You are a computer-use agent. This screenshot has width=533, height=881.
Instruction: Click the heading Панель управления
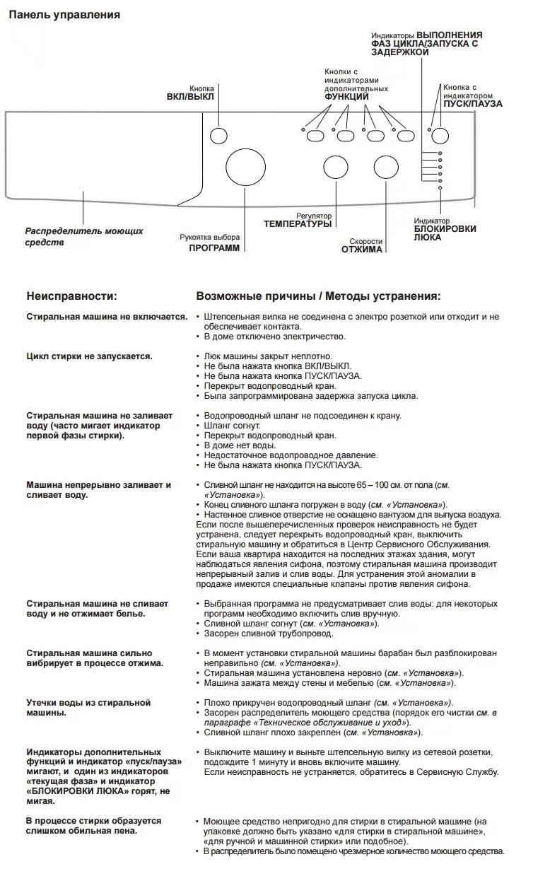click(64, 14)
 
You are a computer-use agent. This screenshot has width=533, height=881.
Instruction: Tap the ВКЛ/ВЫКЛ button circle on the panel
click(219, 136)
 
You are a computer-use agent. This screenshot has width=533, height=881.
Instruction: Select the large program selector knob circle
click(244, 168)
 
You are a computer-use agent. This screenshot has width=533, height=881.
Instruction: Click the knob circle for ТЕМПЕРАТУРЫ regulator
click(335, 167)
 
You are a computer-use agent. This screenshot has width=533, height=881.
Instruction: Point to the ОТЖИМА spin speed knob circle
click(386, 167)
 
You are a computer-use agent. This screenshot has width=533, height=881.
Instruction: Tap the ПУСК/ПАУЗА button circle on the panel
click(440, 136)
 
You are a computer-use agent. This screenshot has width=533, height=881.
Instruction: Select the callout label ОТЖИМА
click(362, 249)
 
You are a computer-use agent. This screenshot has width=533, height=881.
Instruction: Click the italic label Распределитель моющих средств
click(84, 237)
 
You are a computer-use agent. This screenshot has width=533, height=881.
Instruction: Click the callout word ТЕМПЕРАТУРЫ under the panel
click(298, 224)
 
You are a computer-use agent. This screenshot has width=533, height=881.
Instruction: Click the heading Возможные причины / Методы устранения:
click(318, 296)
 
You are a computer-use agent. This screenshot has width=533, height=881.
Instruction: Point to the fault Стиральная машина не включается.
click(107, 317)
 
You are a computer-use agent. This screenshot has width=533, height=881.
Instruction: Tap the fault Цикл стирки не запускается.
click(89, 356)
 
